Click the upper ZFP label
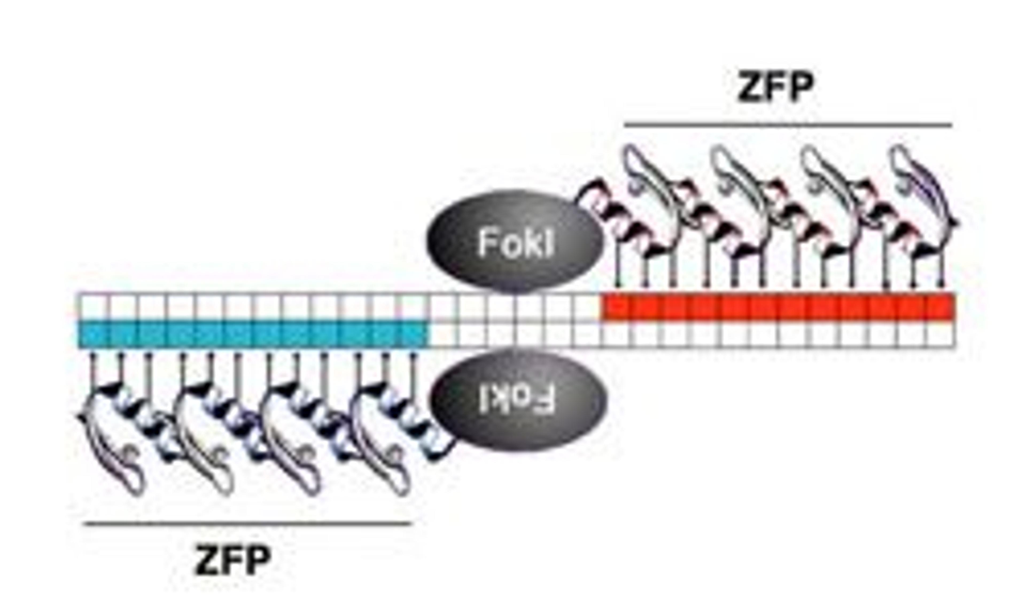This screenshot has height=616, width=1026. tap(776, 87)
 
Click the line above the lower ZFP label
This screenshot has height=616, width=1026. tap(248, 524)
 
